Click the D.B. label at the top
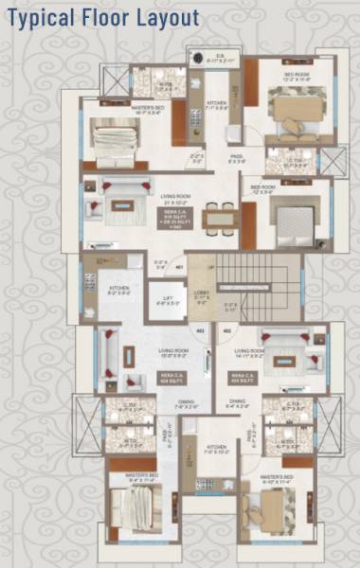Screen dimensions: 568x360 tap(219, 55)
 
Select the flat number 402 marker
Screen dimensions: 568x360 tap(200, 330)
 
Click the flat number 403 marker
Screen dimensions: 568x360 tap(227, 330)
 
